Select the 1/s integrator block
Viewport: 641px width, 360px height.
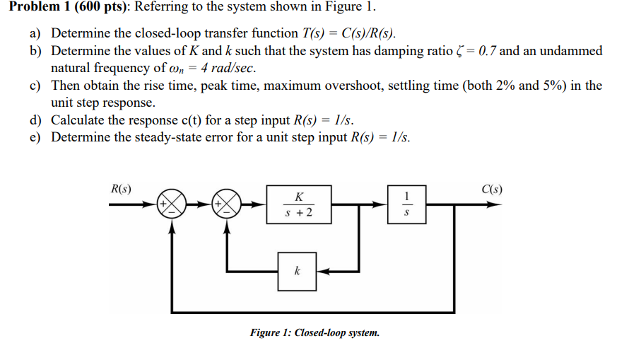pos(406,204)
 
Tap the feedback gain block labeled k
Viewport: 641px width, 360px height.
pos(297,270)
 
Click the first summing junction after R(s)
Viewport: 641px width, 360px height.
pos(172,204)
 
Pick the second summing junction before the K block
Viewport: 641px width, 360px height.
pos(227,204)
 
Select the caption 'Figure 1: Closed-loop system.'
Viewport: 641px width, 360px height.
pos(314,332)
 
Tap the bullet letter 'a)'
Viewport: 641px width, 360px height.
pos(36,33)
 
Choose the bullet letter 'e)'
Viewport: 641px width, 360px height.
pos(36,137)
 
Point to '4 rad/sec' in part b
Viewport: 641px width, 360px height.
pos(229,69)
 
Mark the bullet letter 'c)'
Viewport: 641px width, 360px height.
pos(36,86)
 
